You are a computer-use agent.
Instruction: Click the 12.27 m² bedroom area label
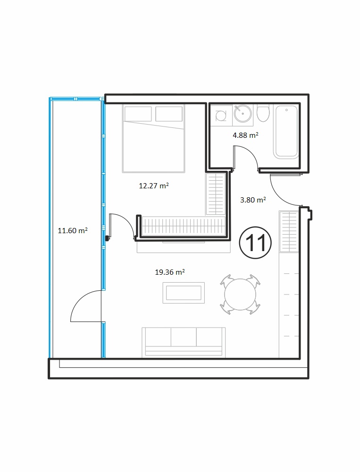(x=153, y=185)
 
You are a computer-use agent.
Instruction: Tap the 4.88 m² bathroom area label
(x=245, y=135)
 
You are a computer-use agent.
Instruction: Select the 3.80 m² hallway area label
(x=253, y=200)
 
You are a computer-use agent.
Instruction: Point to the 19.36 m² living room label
(x=170, y=272)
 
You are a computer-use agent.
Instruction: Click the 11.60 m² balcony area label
(x=73, y=231)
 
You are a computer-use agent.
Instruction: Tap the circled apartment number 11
(x=255, y=243)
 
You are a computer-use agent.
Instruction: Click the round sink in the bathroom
(x=243, y=113)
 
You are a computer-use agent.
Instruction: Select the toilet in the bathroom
(x=263, y=113)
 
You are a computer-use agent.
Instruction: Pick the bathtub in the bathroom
(x=286, y=131)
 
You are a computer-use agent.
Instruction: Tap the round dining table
(x=240, y=295)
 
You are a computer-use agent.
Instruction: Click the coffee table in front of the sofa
(x=184, y=293)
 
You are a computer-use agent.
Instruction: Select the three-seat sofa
(x=184, y=342)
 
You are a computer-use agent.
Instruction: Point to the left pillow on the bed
(x=138, y=114)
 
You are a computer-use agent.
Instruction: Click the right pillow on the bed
(x=169, y=114)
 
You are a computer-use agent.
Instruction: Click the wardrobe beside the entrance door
(x=289, y=231)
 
